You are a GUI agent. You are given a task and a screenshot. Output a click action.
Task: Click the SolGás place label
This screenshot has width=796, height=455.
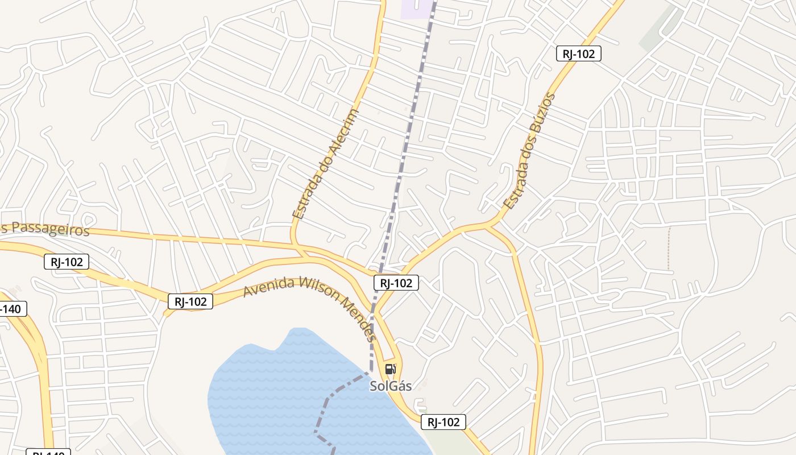(391, 386)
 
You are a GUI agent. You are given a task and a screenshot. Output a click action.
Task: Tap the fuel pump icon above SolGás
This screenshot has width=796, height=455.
(390, 369)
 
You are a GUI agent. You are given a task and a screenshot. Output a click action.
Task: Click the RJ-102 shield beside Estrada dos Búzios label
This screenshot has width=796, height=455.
(578, 54)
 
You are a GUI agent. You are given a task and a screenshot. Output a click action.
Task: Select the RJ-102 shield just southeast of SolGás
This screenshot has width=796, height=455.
(443, 422)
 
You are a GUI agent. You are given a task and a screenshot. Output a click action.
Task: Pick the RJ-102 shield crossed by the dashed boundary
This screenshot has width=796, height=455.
(396, 283)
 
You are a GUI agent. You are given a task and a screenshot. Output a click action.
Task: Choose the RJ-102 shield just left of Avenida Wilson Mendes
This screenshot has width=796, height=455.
(190, 301)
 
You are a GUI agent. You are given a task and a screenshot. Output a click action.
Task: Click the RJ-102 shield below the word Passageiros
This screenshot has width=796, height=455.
(67, 262)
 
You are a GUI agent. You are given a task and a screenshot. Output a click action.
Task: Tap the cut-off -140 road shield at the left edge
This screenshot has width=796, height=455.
(11, 309)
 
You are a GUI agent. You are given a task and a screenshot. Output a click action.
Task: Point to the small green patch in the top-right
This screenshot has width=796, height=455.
(660, 28)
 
